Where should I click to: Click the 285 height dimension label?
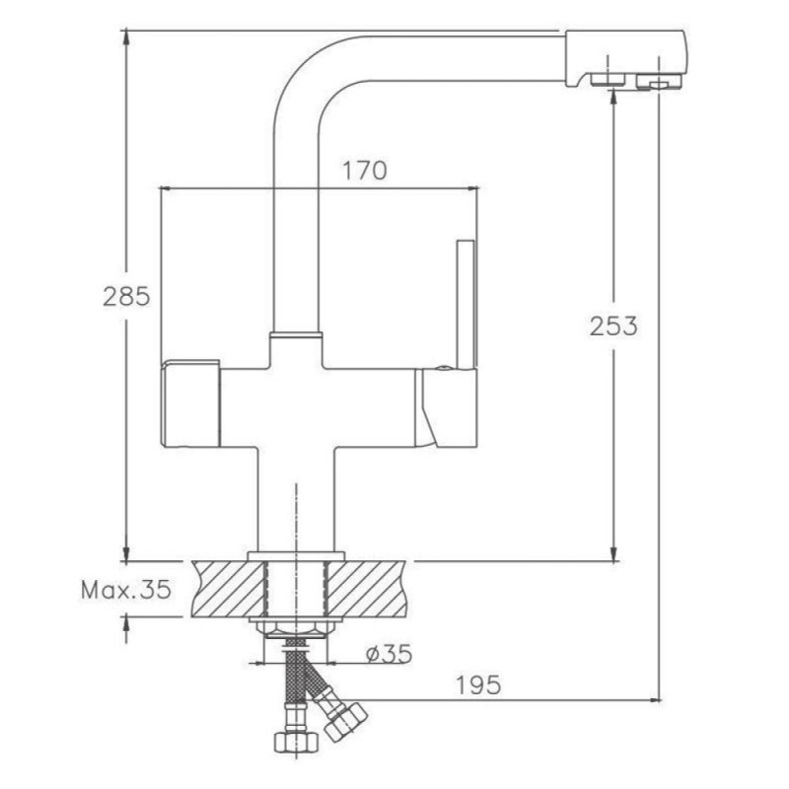126,296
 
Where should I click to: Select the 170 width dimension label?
365,171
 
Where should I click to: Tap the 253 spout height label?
613,326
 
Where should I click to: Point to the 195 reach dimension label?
478,684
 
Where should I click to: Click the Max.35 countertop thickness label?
126,589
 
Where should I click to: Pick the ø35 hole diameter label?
389,654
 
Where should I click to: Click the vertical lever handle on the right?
466,305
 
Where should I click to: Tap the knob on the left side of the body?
190,403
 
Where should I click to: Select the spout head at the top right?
625,59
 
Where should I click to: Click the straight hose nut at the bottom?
297,743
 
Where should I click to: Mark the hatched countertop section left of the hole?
228,589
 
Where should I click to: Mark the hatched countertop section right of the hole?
367,589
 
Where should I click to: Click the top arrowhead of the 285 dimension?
126,37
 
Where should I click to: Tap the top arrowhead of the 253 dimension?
613,98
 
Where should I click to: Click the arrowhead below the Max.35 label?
126,624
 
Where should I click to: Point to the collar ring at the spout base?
295,334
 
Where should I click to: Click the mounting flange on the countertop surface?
296,556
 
